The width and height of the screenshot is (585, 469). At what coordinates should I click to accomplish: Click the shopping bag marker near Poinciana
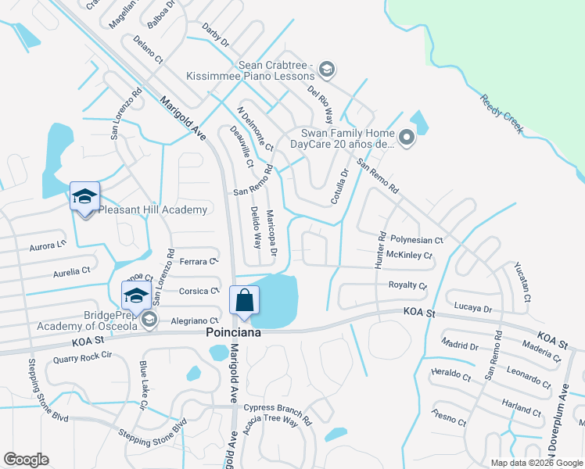(245, 301)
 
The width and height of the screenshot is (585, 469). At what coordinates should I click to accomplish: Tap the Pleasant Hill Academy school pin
(84, 197)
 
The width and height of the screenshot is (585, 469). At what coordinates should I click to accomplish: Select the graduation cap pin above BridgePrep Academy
(135, 295)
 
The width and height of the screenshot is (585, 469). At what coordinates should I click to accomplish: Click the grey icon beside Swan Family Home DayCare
(406, 139)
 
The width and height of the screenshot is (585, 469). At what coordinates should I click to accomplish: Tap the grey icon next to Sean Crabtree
(326, 70)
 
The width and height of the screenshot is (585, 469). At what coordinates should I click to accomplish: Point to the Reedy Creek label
(501, 115)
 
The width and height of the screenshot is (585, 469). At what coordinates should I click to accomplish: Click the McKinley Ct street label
(409, 256)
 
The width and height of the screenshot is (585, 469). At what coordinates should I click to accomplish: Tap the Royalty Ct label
(408, 285)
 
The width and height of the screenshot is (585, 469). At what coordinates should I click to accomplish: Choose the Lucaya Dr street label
(472, 309)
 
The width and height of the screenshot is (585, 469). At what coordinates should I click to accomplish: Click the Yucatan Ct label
(522, 281)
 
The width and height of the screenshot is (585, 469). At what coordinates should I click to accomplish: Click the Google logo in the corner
(26, 460)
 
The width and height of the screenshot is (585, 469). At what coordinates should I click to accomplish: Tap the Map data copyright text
(536, 463)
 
